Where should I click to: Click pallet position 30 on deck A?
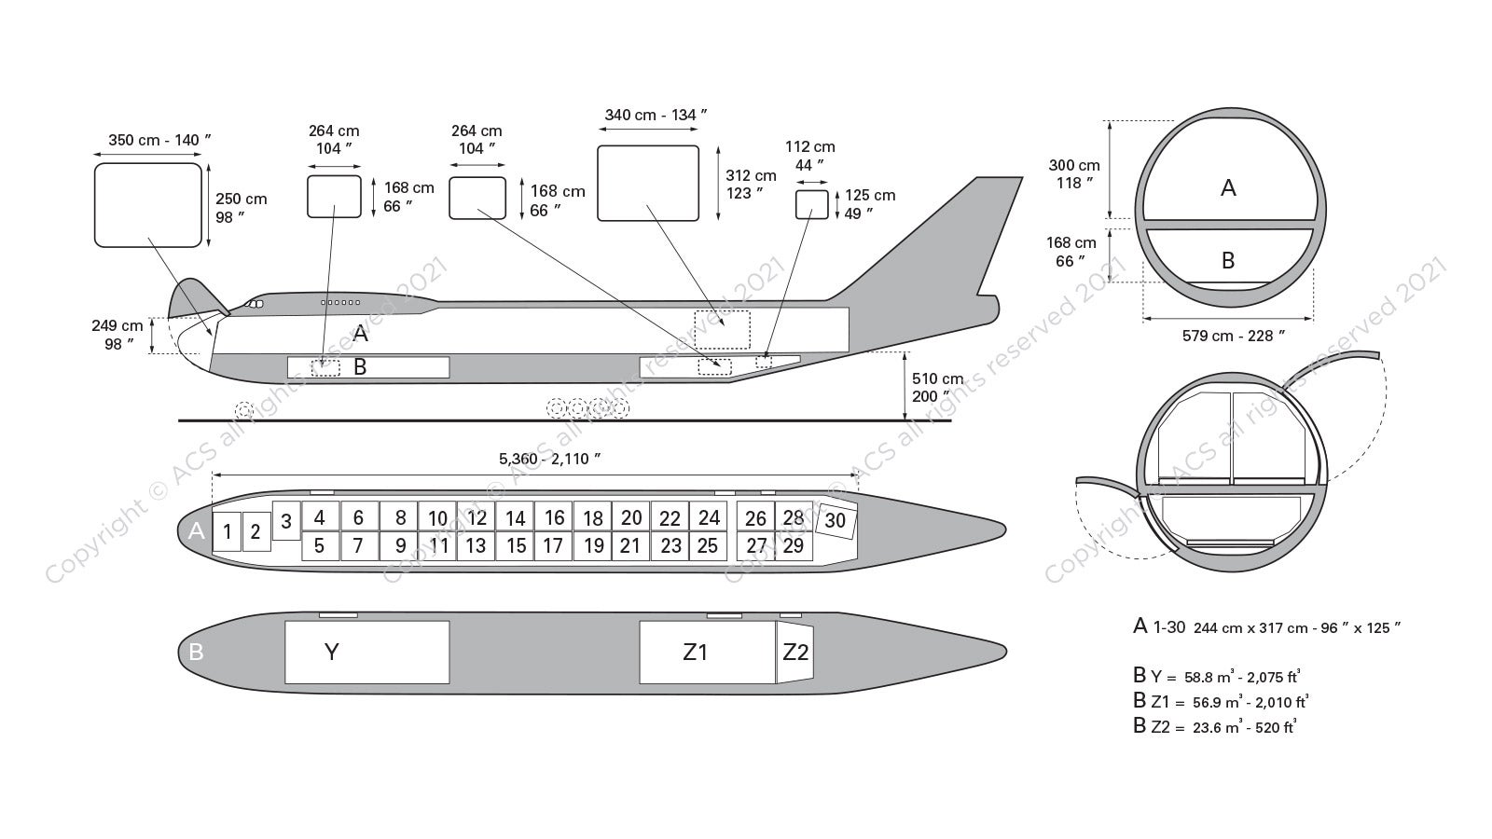click(x=836, y=520)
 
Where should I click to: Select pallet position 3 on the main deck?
click(x=286, y=521)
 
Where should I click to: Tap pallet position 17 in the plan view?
click(x=554, y=545)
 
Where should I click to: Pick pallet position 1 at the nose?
click(x=227, y=532)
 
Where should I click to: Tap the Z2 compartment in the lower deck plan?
click(x=794, y=653)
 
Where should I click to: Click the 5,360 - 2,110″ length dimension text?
click(x=549, y=459)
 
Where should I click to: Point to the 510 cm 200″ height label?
click(x=937, y=388)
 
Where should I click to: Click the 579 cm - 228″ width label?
click(x=1227, y=336)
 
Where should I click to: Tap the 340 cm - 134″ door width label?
click(x=656, y=116)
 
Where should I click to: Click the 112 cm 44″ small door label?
click(x=809, y=156)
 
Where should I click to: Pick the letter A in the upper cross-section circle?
click(x=1228, y=188)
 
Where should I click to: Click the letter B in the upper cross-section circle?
click(x=1227, y=261)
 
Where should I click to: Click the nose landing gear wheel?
click(x=244, y=409)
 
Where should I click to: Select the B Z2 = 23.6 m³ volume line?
click(x=1214, y=727)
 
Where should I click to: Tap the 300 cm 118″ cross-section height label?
click(x=1073, y=174)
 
